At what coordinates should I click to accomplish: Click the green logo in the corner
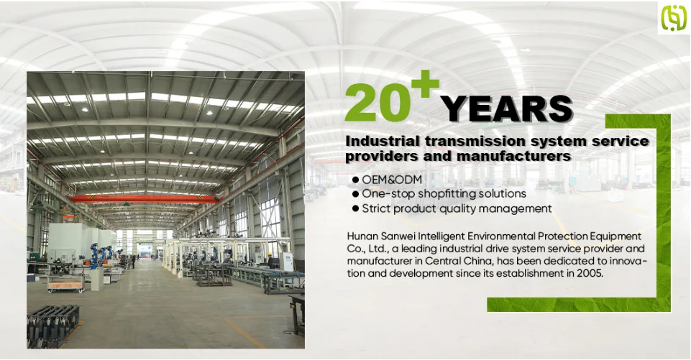(x=674, y=17)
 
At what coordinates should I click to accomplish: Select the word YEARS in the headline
(x=507, y=109)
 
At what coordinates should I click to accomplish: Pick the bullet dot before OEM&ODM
(x=356, y=180)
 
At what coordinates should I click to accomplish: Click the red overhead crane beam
(x=145, y=199)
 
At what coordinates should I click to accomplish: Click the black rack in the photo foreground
(x=53, y=326)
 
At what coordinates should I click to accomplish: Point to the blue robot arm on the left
(x=95, y=256)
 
